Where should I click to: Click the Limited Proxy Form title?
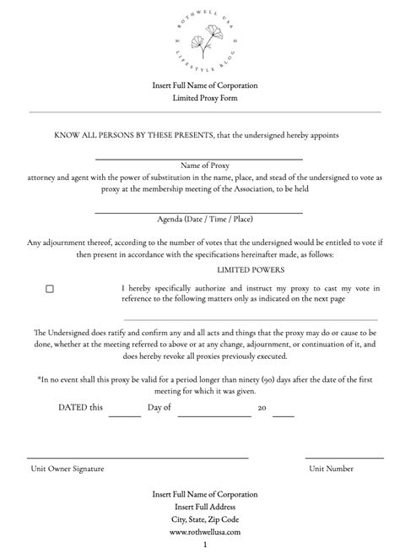tap(205, 98)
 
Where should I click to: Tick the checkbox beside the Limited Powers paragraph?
tap(50, 289)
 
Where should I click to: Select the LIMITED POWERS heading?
tap(251, 269)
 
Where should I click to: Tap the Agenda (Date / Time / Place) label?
tap(205, 220)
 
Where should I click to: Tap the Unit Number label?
tap(331, 468)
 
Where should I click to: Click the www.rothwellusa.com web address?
tap(205, 532)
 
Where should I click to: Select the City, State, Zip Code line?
tap(205, 519)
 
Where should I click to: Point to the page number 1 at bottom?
tap(205, 546)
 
